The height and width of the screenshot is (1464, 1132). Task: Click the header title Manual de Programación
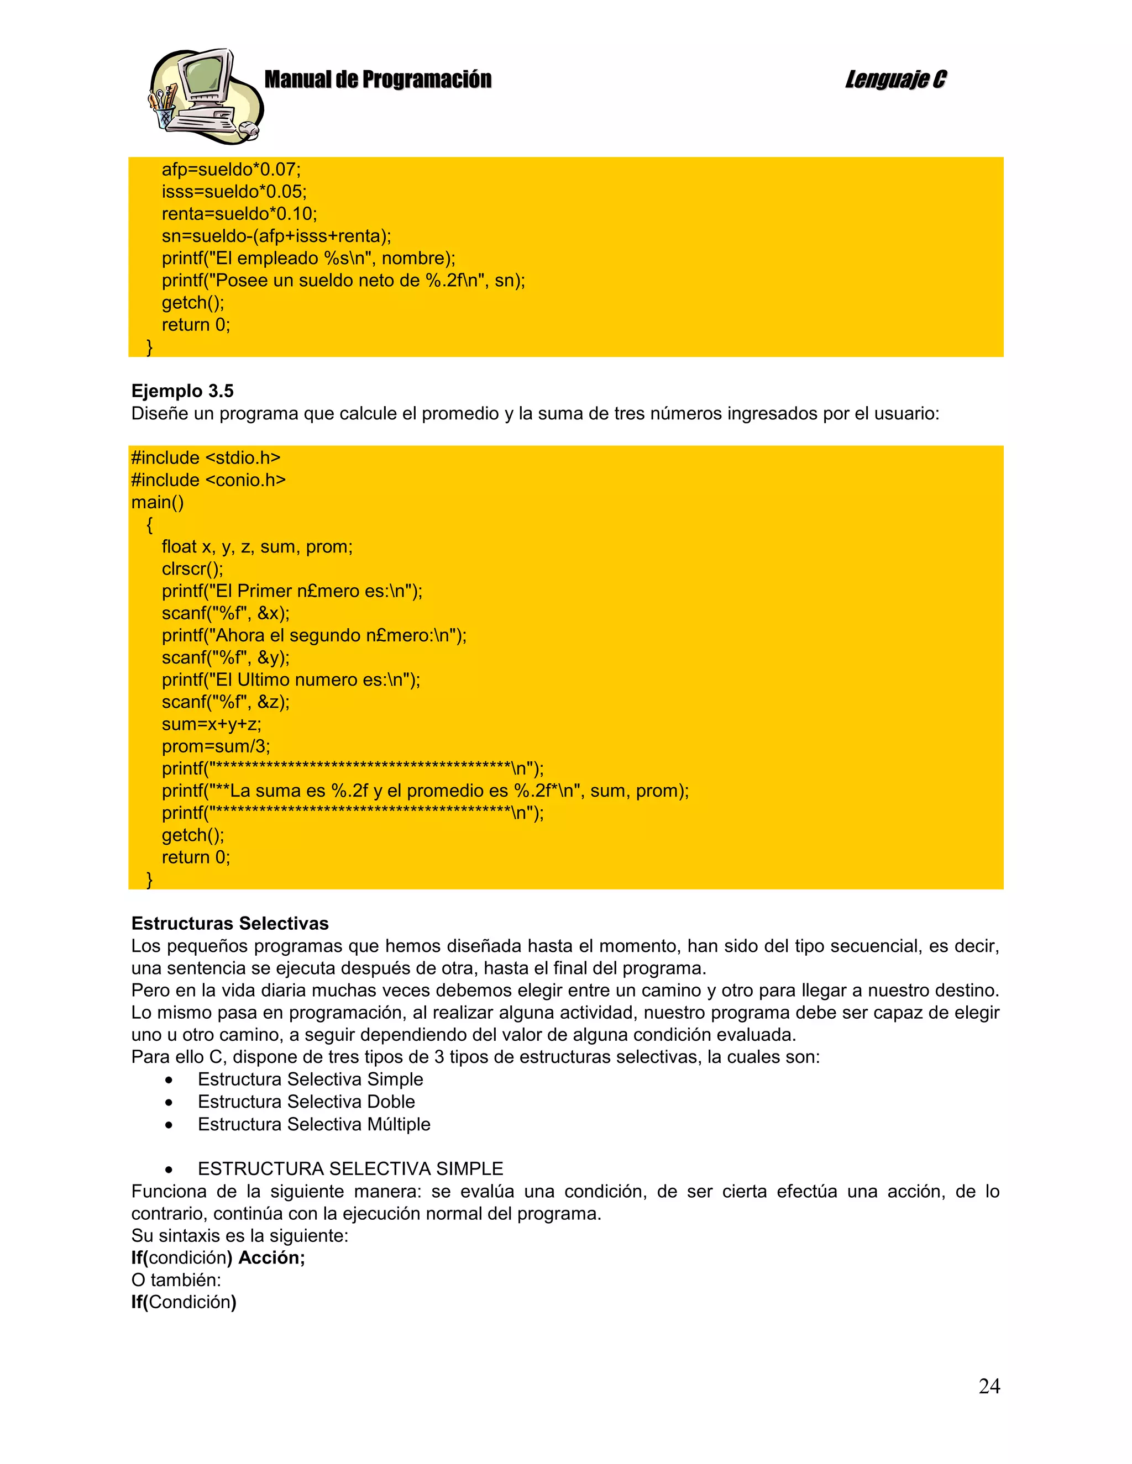tap(378, 80)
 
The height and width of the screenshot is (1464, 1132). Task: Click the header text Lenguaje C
tap(895, 80)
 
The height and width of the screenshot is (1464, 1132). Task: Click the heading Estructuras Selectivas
tap(230, 923)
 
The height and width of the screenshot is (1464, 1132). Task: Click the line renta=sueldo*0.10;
tap(239, 214)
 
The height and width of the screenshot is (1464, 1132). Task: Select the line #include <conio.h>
tap(208, 480)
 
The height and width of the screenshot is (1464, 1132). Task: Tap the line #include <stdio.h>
tap(206, 458)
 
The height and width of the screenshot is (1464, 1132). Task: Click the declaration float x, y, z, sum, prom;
tap(257, 546)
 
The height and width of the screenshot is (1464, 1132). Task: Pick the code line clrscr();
tap(192, 568)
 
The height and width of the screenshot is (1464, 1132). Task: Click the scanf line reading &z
tap(226, 702)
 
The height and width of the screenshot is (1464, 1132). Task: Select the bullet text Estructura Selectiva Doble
tap(306, 1102)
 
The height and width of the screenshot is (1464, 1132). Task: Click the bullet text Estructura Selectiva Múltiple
tap(314, 1124)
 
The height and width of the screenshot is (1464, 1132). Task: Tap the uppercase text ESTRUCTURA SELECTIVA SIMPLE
tap(350, 1168)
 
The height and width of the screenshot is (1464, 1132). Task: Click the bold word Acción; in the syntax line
tap(271, 1257)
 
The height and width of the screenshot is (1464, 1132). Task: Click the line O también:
tap(176, 1279)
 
